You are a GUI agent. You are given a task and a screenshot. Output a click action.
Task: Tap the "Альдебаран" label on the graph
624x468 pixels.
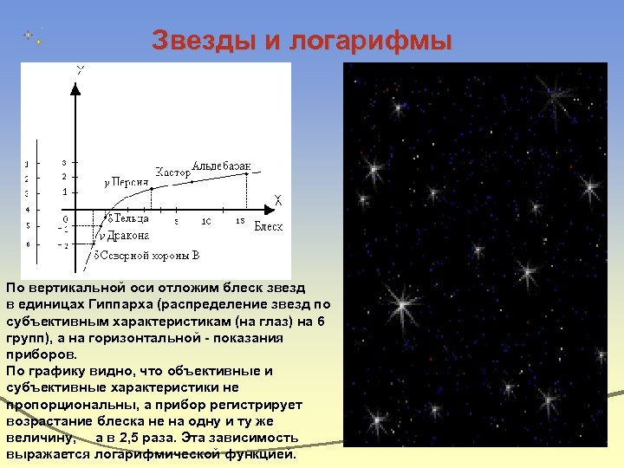223,166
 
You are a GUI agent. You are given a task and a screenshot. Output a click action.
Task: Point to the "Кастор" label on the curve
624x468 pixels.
172,172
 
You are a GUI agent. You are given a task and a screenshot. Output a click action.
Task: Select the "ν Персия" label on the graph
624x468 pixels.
125,182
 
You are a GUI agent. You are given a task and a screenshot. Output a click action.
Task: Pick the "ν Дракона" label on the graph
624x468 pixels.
123,235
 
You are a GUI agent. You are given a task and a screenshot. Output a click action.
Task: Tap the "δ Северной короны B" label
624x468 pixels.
146,256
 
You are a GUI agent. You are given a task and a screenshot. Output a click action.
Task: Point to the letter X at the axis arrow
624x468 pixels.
278,201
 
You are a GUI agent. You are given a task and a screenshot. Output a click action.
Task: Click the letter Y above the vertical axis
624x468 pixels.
80,69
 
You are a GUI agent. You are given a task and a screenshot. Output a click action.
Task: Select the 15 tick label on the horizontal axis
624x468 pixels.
240,221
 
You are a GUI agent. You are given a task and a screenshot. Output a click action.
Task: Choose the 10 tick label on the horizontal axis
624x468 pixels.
205,221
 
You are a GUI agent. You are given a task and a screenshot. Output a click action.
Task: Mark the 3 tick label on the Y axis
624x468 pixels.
63,162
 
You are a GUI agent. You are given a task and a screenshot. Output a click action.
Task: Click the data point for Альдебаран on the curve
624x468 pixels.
248,173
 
